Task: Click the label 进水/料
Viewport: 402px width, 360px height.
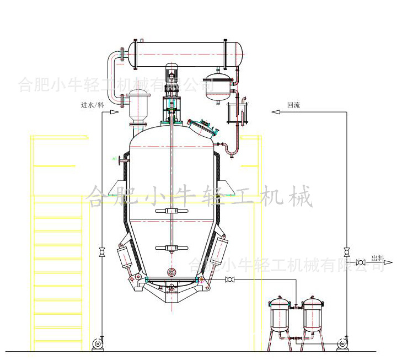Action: click(92, 105)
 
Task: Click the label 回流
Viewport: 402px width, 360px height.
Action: click(293, 105)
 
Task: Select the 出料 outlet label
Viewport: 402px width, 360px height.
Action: click(378, 257)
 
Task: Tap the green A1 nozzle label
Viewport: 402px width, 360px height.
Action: click(114, 159)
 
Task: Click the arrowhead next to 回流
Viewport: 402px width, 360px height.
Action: click(274, 112)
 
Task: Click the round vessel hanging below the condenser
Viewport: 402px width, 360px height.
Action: click(218, 87)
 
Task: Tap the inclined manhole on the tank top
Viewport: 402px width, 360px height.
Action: click(202, 126)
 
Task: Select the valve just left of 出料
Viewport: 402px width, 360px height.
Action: click(362, 261)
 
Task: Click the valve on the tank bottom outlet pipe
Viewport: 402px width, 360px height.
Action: click(229, 281)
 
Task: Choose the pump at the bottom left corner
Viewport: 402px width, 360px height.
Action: click(99, 342)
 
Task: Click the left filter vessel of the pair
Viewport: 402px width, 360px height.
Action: click(278, 313)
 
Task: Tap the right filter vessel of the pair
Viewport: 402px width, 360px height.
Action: click(313, 313)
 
